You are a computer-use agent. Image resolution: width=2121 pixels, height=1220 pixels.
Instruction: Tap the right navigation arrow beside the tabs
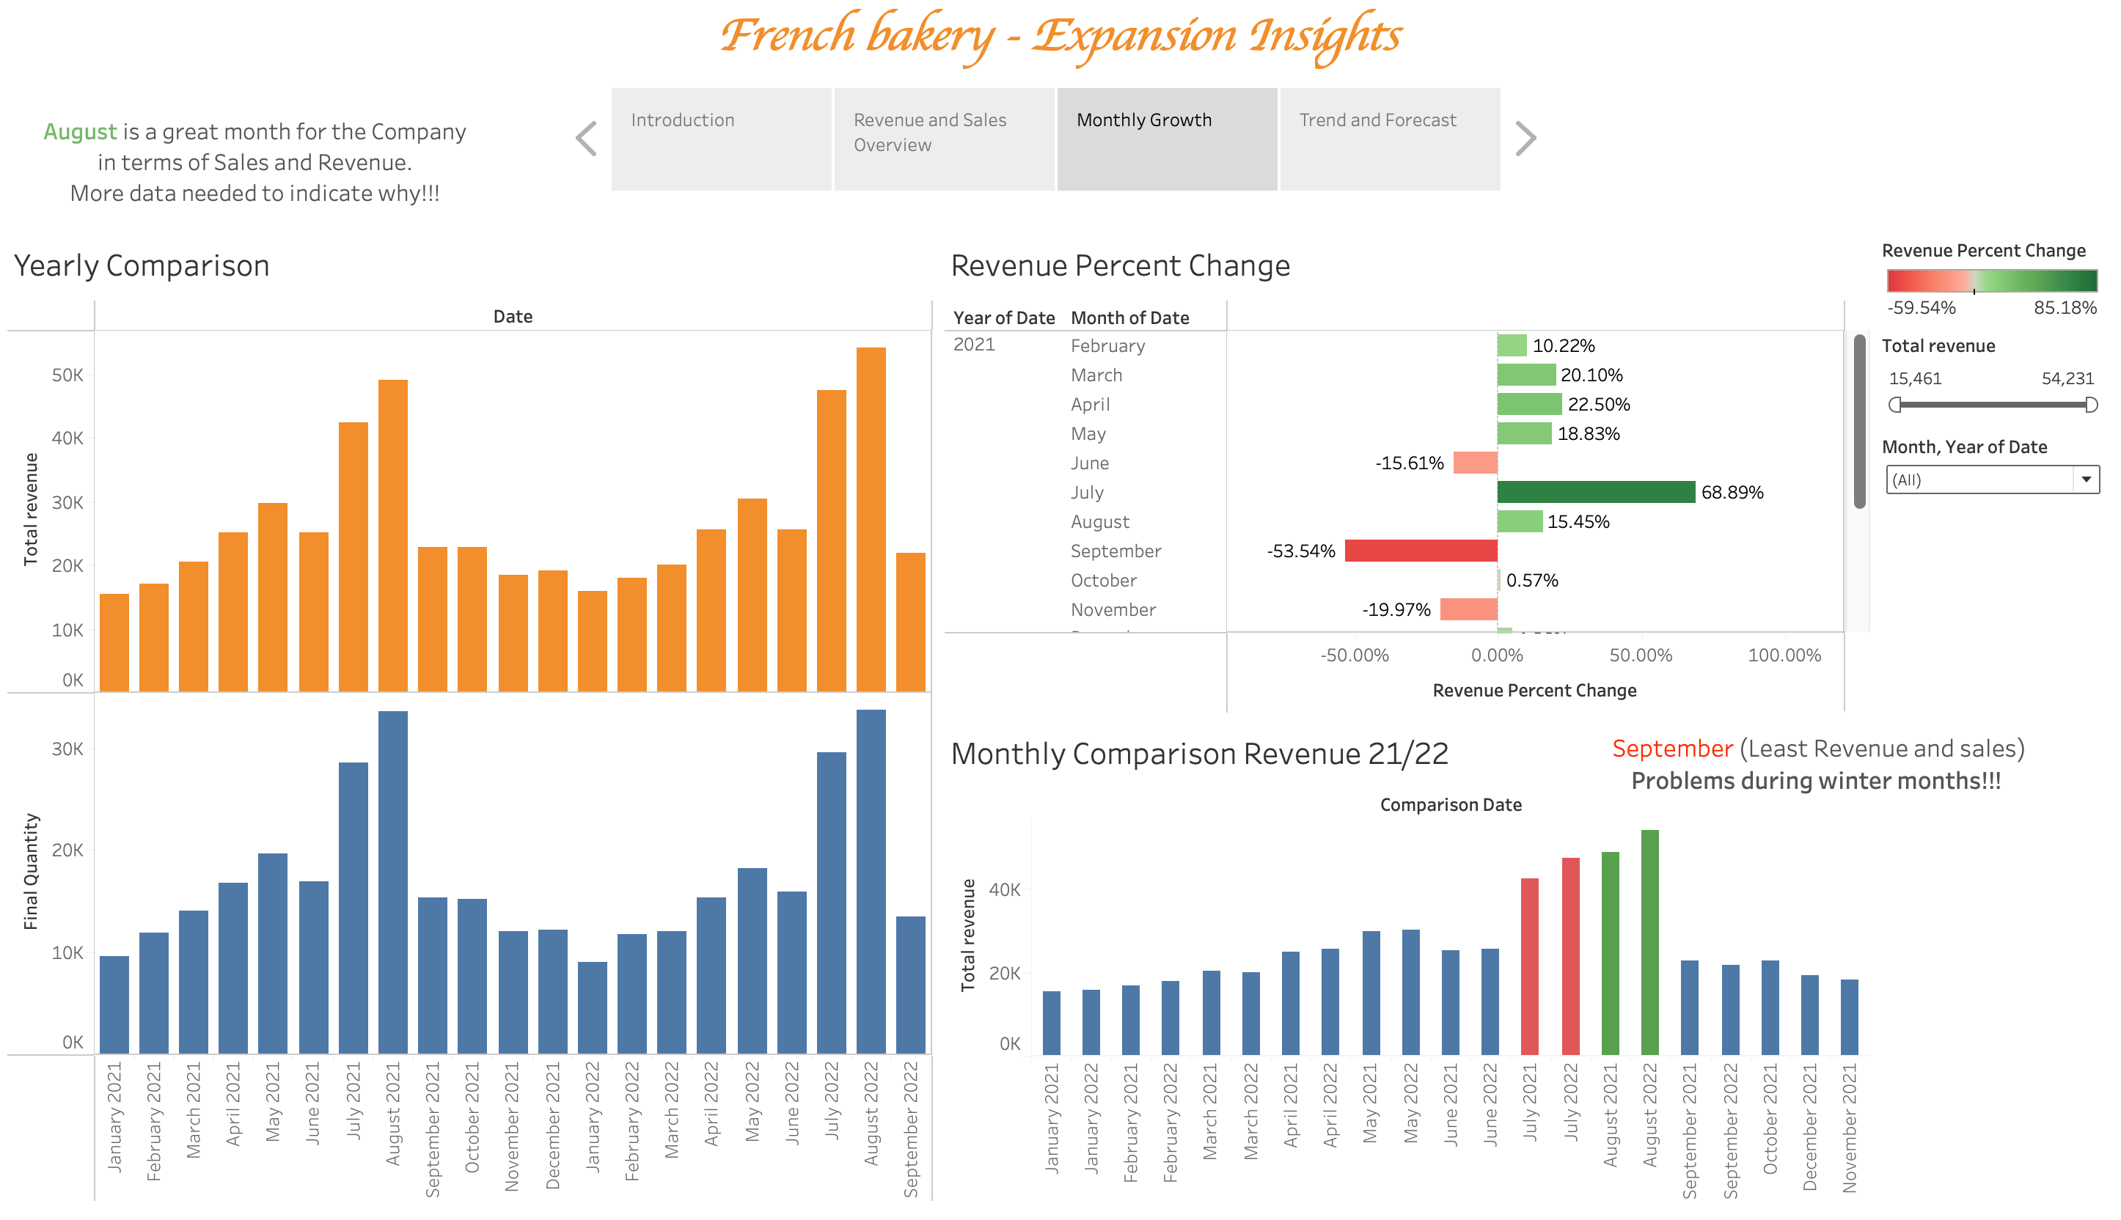tap(1525, 139)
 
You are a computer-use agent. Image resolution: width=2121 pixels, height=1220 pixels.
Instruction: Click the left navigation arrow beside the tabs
tap(587, 139)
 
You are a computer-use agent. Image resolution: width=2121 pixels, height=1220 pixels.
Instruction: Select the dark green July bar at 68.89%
tap(1596, 492)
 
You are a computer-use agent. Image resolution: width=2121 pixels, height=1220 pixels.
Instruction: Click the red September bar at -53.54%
tap(1421, 551)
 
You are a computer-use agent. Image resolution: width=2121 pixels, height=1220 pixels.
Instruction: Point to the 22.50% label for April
tap(1598, 405)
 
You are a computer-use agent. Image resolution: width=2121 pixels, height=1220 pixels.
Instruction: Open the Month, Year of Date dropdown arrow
tap(2086, 479)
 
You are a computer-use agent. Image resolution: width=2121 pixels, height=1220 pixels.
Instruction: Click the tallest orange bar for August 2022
tap(871, 520)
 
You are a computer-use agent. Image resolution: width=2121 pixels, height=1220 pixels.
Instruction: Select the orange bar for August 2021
tap(393, 536)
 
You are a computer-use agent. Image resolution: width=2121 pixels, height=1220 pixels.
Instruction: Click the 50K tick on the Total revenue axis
tap(67, 375)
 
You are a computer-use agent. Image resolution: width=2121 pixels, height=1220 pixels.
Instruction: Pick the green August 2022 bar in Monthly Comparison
tap(1649, 943)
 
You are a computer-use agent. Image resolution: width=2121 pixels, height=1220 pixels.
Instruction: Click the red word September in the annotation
tap(1672, 749)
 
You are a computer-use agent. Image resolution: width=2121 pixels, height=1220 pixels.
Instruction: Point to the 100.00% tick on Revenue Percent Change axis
tap(1784, 655)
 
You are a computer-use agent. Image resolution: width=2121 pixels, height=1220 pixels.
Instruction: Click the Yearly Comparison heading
tap(142, 265)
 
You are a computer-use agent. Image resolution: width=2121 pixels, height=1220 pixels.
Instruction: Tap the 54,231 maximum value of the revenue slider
tap(2067, 379)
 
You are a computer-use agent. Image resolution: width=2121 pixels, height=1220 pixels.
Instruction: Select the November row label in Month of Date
tap(1113, 610)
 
